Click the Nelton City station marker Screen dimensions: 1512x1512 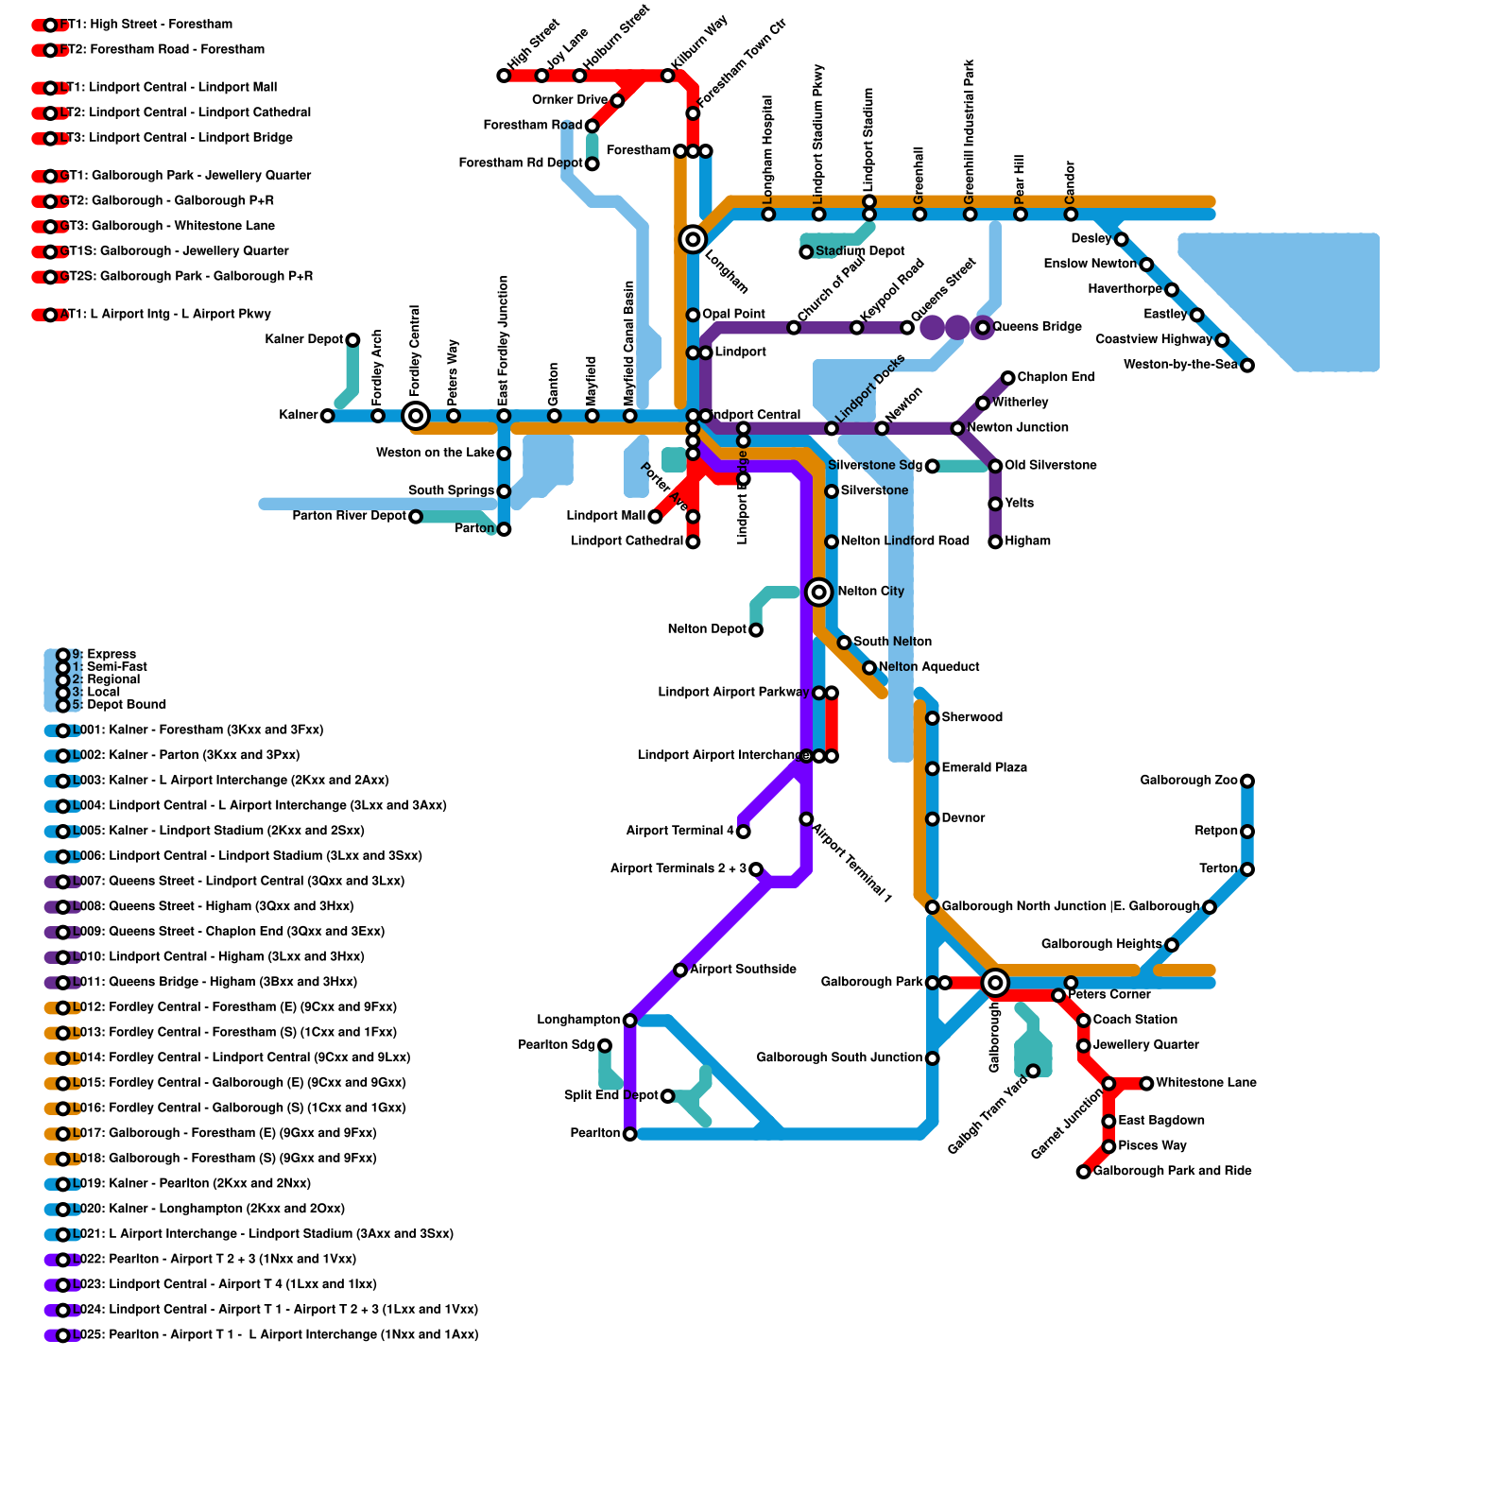coord(818,592)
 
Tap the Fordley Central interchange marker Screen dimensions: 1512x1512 coord(415,415)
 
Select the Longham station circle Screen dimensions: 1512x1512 coord(693,239)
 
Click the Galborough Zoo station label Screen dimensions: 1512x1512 coord(1188,781)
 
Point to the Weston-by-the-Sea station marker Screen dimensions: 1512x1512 coord(1246,366)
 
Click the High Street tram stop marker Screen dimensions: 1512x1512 coord(504,76)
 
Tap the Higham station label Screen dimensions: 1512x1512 coord(1027,541)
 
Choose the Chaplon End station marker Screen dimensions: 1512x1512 coord(1007,378)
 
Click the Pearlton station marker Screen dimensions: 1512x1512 coord(629,1134)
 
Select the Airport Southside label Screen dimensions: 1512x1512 coord(743,969)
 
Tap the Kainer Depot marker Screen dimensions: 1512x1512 coord(352,340)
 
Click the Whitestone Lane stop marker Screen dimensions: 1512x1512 coord(1146,1083)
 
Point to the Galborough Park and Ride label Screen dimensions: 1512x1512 coord(1172,1171)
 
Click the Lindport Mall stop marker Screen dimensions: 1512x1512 coord(655,517)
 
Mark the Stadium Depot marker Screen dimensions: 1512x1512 coord(806,252)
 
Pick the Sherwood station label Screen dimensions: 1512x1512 coord(971,717)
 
